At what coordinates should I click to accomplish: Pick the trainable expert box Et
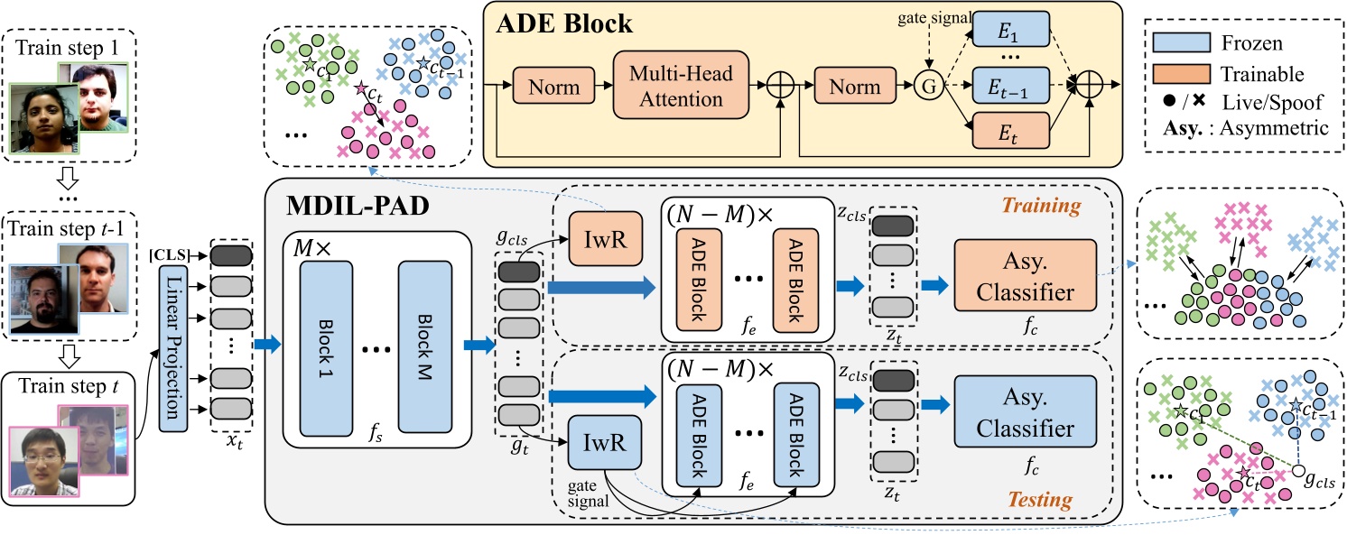1012,132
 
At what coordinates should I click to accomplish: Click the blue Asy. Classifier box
1024,416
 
